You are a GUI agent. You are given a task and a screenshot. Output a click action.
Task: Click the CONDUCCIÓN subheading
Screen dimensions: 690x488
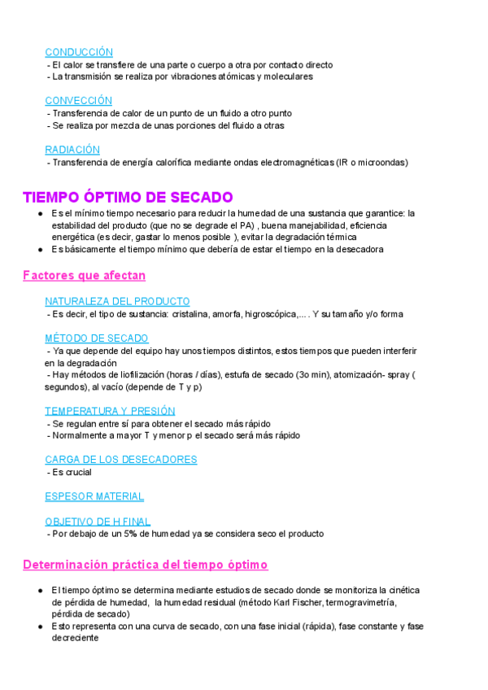[x=79, y=52]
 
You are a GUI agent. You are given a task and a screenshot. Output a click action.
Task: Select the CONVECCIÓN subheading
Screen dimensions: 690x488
[x=78, y=101]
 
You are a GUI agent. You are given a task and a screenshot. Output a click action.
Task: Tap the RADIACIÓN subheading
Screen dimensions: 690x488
[x=72, y=150]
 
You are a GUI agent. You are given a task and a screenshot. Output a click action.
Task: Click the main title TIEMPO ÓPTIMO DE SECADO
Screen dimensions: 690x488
[x=128, y=197]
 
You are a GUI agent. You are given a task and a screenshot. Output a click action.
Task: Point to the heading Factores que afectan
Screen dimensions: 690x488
[x=84, y=276]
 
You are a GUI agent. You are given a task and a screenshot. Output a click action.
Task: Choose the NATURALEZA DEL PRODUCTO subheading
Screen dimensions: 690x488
[x=117, y=301]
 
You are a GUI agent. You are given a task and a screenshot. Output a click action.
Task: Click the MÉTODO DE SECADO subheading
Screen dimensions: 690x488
[x=96, y=338]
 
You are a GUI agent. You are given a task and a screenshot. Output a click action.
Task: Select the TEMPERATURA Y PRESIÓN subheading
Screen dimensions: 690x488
[x=110, y=411]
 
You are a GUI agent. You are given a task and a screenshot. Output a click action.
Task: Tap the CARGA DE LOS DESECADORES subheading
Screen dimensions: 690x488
[x=120, y=460]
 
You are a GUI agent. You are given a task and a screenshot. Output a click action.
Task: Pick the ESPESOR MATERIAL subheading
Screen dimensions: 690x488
[x=94, y=496]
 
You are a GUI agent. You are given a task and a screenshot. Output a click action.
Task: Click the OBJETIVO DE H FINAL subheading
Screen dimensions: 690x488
[x=98, y=522]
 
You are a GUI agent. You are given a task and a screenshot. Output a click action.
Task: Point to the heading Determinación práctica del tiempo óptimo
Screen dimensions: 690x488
[x=145, y=564]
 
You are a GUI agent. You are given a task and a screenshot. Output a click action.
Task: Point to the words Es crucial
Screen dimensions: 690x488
[x=70, y=472]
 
